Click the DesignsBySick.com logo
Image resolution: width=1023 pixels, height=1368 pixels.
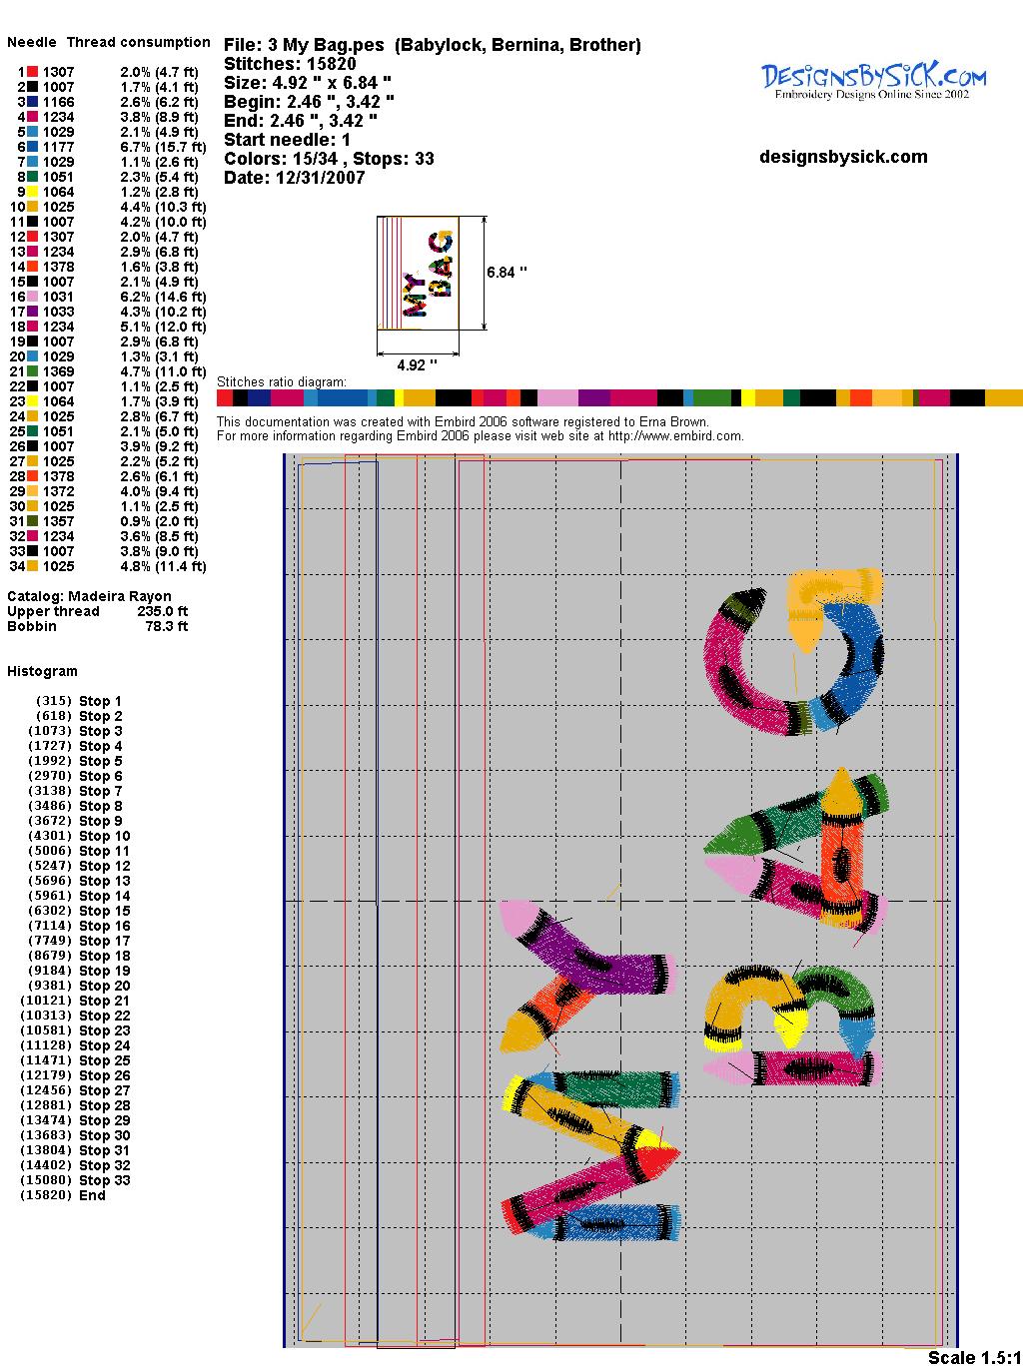point(873,81)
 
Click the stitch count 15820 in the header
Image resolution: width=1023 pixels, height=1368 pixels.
point(331,64)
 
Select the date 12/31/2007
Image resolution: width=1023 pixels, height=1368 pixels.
point(320,178)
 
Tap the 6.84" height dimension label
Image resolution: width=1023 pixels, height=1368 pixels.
point(507,273)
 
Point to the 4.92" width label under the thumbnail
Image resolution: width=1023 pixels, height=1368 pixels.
point(417,364)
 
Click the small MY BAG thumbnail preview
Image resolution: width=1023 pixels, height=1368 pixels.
point(418,273)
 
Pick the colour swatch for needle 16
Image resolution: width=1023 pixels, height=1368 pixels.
point(32,297)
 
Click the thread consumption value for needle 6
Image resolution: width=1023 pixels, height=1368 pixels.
point(163,147)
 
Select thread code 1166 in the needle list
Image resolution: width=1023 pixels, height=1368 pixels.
point(58,102)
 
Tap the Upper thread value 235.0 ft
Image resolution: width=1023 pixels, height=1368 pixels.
point(162,611)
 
